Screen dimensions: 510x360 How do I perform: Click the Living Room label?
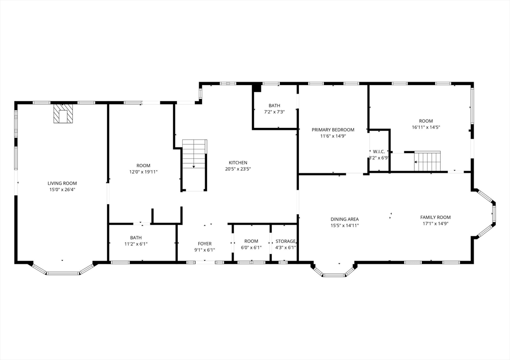tap(62, 183)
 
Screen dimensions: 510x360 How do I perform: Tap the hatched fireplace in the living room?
tap(63, 114)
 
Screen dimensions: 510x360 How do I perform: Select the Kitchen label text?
tap(238, 163)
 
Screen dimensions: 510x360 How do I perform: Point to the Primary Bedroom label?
tap(333, 130)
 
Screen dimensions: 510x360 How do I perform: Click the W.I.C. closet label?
tap(379, 151)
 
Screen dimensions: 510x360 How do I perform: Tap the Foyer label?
tap(205, 243)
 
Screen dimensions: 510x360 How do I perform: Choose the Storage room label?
tap(285, 241)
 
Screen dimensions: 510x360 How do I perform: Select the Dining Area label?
tap(345, 219)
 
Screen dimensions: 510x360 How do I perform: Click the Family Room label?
tap(435, 217)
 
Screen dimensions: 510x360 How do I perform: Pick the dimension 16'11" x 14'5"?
tap(426, 127)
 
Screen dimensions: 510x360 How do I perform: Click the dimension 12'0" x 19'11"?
tap(143, 172)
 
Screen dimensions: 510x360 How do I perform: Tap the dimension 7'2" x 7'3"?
tap(274, 112)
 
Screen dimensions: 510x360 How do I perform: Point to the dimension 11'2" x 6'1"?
tap(136, 244)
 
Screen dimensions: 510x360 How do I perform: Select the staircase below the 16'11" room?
tap(427, 161)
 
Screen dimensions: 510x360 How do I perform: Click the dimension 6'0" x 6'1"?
tap(251, 247)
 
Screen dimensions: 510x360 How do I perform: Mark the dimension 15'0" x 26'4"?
tap(62, 190)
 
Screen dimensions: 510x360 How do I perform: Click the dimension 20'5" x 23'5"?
tap(238, 169)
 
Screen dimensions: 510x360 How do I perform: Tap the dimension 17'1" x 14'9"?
tap(435, 224)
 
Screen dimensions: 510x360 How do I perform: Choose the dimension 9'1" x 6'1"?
tap(205, 250)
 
